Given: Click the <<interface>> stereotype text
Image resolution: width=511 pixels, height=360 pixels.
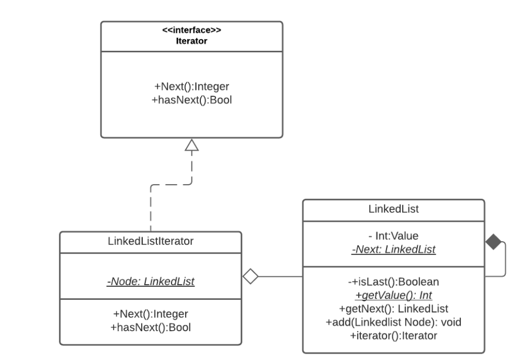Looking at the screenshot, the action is (x=191, y=30).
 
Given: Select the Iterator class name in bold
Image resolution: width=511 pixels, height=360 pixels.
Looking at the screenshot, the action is (x=191, y=41).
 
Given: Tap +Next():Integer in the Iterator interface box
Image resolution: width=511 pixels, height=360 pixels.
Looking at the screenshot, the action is (x=191, y=86).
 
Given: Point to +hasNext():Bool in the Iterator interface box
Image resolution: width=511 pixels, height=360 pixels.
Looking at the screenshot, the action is (x=191, y=100).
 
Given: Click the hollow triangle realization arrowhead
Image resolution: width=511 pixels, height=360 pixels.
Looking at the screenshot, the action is (x=191, y=145).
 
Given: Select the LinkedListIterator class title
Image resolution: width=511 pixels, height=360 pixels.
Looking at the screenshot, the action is (x=151, y=241).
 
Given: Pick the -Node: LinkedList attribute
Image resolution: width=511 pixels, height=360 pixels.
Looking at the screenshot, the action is (x=151, y=281).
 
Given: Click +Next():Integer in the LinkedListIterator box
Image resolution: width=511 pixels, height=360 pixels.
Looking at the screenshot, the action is (x=151, y=314).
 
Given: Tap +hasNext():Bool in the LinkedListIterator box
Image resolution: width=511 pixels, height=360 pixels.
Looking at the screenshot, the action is (x=151, y=328).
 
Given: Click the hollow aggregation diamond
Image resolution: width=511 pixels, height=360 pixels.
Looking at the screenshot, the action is (x=251, y=276).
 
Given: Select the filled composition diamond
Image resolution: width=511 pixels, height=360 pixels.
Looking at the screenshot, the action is (x=493, y=242).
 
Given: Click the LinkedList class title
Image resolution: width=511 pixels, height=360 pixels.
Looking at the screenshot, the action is (x=394, y=209).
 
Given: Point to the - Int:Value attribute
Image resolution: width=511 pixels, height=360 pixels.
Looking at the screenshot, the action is (x=394, y=236).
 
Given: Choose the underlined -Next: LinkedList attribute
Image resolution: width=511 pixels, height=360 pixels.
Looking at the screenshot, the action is (x=394, y=249).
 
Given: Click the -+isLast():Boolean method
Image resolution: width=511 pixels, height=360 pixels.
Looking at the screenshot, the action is (x=394, y=282).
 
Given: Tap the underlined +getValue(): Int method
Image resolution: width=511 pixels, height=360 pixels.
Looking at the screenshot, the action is (x=394, y=295).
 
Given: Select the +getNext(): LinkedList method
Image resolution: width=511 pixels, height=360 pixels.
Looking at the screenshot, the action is (x=394, y=309).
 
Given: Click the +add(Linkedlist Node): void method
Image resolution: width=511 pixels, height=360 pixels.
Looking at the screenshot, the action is (x=394, y=322).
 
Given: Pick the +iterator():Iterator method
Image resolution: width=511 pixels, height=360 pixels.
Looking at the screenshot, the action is (x=394, y=335).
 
